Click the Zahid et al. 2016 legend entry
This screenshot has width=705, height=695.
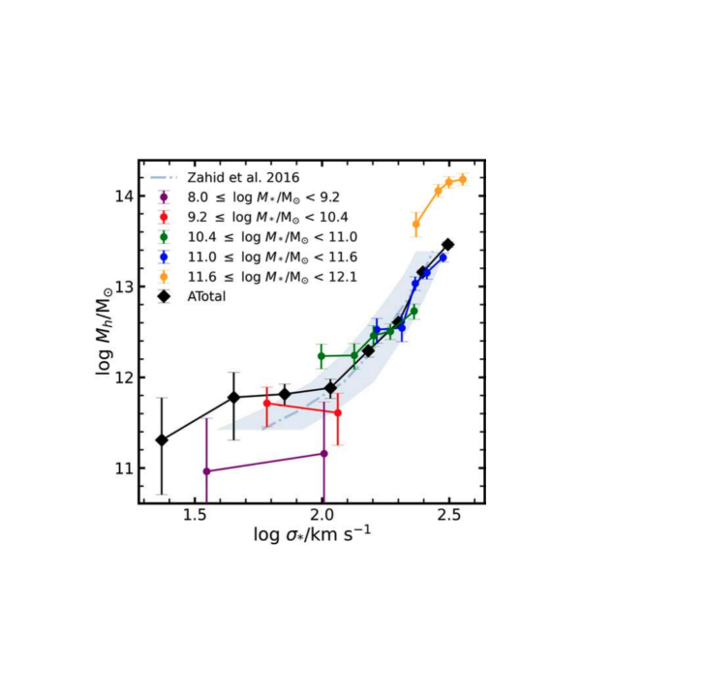click(x=230, y=177)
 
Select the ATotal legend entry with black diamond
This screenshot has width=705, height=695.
click(x=206, y=296)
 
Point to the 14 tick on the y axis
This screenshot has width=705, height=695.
click(x=122, y=196)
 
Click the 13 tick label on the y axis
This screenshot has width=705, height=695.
click(x=122, y=287)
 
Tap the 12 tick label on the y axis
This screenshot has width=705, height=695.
click(x=122, y=378)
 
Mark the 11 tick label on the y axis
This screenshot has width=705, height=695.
click(x=122, y=468)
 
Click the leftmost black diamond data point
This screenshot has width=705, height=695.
click(x=162, y=439)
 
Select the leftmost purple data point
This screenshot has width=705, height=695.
click(x=206, y=471)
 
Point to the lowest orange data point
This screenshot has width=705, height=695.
click(x=416, y=224)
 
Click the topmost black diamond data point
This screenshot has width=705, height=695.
click(x=447, y=245)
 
